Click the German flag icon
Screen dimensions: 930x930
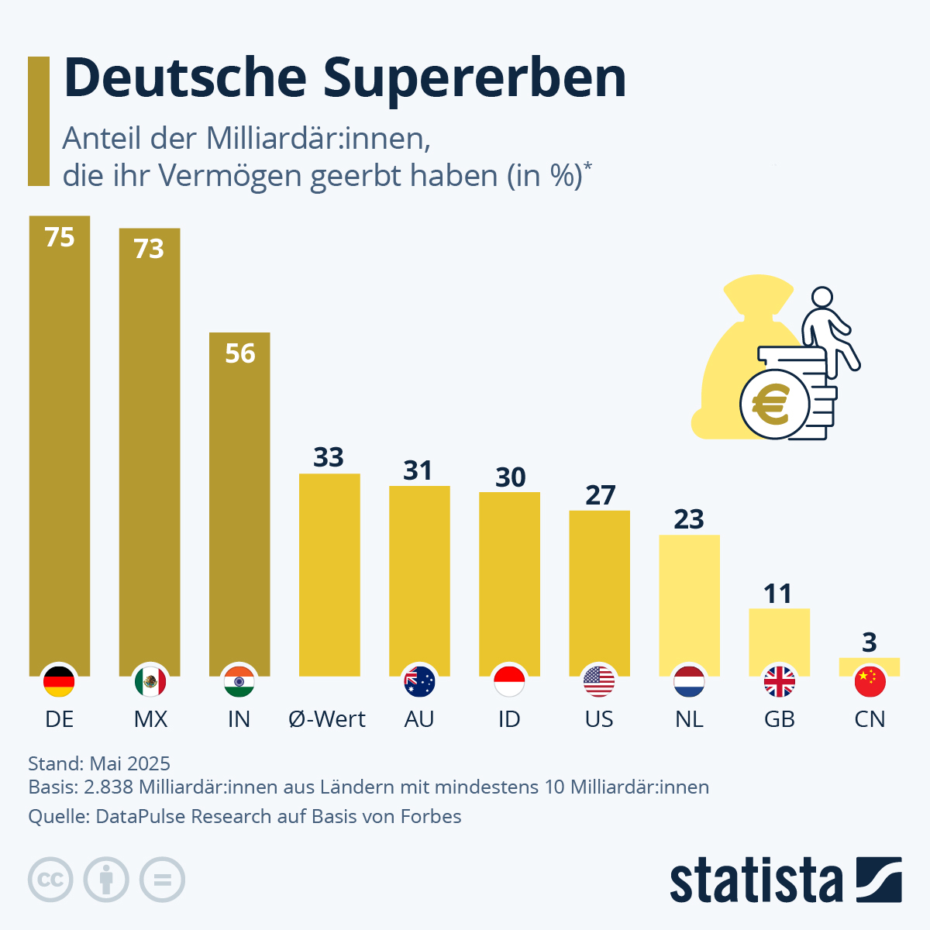[59, 681]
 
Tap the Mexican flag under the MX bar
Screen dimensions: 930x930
[150, 681]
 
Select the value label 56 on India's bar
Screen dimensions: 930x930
[240, 353]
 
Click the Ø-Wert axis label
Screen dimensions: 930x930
[327, 719]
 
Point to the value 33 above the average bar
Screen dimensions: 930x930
[329, 457]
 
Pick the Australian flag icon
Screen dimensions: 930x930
[419, 681]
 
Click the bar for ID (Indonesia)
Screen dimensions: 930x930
[509, 581]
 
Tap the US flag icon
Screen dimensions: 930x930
[599, 681]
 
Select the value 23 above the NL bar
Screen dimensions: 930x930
[689, 518]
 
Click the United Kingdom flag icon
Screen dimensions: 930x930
[779, 681]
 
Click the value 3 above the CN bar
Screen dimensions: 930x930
[870, 642]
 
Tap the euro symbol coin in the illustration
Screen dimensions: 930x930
[772, 405]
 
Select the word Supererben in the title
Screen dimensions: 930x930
[474, 78]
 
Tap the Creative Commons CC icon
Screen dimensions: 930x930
[50, 880]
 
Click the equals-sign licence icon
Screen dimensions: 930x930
[162, 880]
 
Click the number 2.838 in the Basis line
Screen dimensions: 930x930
[108, 787]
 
